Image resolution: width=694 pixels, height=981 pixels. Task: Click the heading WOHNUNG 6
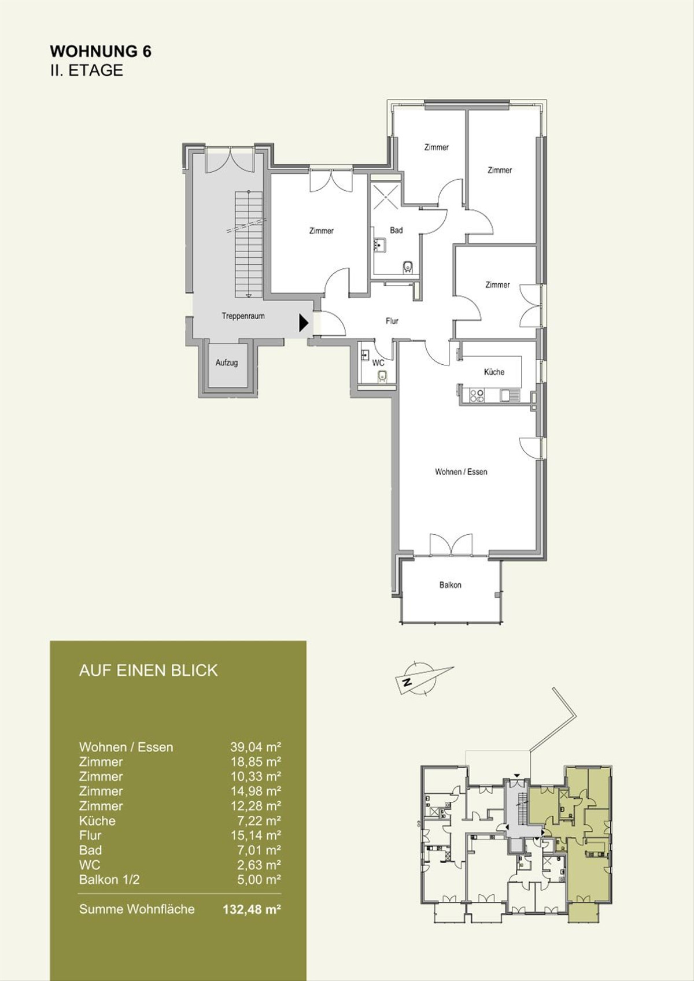click(x=101, y=51)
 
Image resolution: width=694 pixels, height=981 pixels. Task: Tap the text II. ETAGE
click(x=87, y=71)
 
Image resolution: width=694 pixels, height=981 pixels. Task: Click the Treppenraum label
click(x=243, y=316)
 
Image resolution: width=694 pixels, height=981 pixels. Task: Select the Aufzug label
click(x=227, y=362)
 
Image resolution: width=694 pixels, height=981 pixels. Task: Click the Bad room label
click(x=396, y=230)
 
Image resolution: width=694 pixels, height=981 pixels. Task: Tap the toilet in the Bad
click(x=408, y=266)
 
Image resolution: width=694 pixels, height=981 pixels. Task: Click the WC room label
click(x=378, y=362)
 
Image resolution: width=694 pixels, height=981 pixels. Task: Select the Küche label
click(x=494, y=372)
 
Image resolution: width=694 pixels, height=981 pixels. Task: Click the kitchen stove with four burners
click(x=477, y=395)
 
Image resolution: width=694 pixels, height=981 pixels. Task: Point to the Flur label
click(x=392, y=321)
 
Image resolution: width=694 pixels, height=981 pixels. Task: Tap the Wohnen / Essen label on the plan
click(x=461, y=472)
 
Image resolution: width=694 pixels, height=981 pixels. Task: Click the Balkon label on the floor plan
click(x=450, y=584)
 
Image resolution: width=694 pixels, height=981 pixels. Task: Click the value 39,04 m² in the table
click(x=256, y=747)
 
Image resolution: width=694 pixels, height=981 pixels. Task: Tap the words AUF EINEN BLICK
click(x=148, y=671)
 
